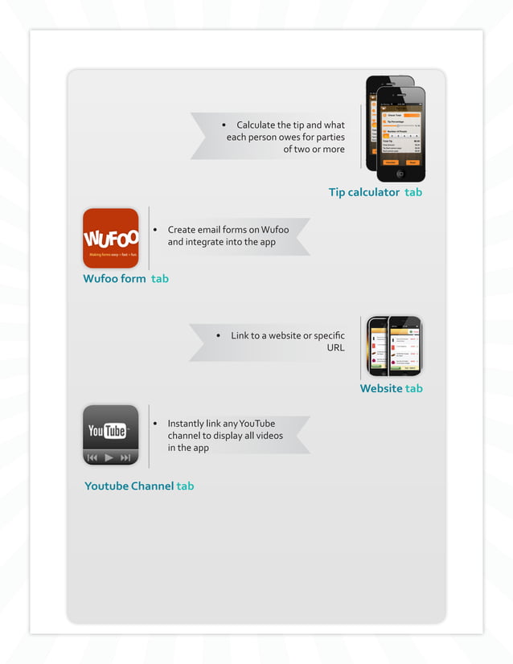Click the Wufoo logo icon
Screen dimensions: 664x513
pyautogui.click(x=111, y=238)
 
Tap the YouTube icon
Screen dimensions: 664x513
pyautogui.click(x=111, y=435)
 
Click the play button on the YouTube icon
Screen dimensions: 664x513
pyautogui.click(x=109, y=457)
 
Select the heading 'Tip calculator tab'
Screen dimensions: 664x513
pyautogui.click(x=375, y=192)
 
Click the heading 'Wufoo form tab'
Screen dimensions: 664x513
pyautogui.click(x=125, y=279)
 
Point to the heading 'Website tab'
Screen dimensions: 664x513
pyautogui.click(x=391, y=388)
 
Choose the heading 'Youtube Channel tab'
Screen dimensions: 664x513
pyautogui.click(x=139, y=486)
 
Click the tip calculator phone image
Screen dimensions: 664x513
pyautogui.click(x=395, y=128)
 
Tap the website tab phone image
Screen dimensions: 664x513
pyautogui.click(x=394, y=346)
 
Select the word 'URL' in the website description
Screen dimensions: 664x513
pyautogui.click(x=335, y=348)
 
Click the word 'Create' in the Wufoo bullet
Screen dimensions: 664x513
pyautogui.click(x=183, y=230)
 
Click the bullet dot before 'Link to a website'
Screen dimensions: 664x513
pyautogui.click(x=219, y=336)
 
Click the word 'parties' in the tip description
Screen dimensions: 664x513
pyautogui.click(x=330, y=137)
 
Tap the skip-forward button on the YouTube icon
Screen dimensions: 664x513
pyautogui.click(x=125, y=457)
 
